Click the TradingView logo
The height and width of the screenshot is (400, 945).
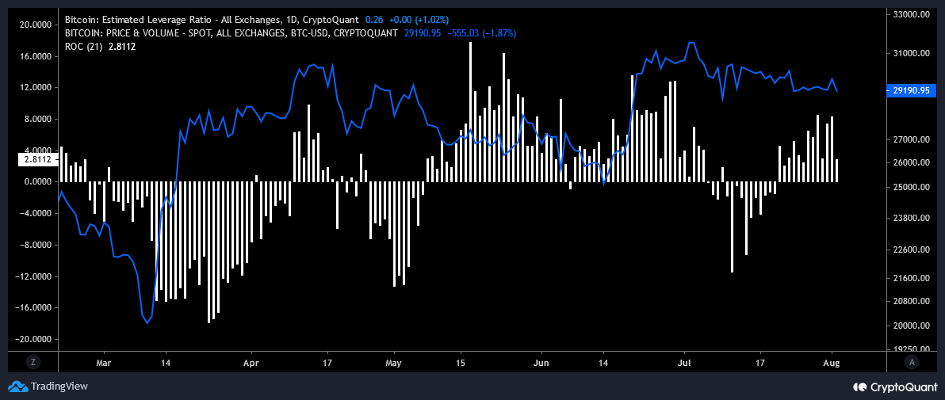(x=48, y=387)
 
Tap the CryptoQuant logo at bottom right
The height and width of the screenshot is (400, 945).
(x=894, y=387)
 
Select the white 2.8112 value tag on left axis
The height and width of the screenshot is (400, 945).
(x=36, y=159)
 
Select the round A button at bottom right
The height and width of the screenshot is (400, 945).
(x=912, y=361)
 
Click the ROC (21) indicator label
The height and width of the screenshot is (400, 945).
(x=82, y=47)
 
